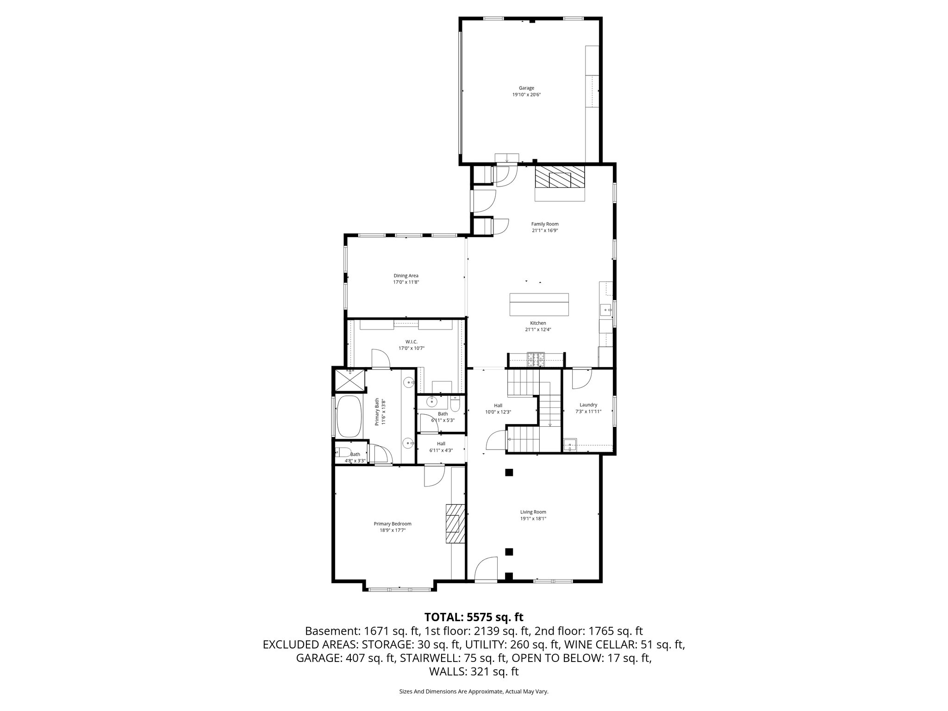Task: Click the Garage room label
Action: (526, 88)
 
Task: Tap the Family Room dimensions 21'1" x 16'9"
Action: (544, 231)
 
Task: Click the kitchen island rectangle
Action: (539, 304)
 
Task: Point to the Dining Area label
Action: (406, 276)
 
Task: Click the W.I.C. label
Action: (405, 342)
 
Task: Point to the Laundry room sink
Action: (570, 445)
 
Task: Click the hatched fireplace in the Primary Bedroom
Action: (454, 523)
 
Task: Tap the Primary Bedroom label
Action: (393, 524)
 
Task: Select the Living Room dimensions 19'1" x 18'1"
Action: (533, 518)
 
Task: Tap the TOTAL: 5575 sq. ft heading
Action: (474, 617)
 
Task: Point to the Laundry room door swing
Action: (582, 379)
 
